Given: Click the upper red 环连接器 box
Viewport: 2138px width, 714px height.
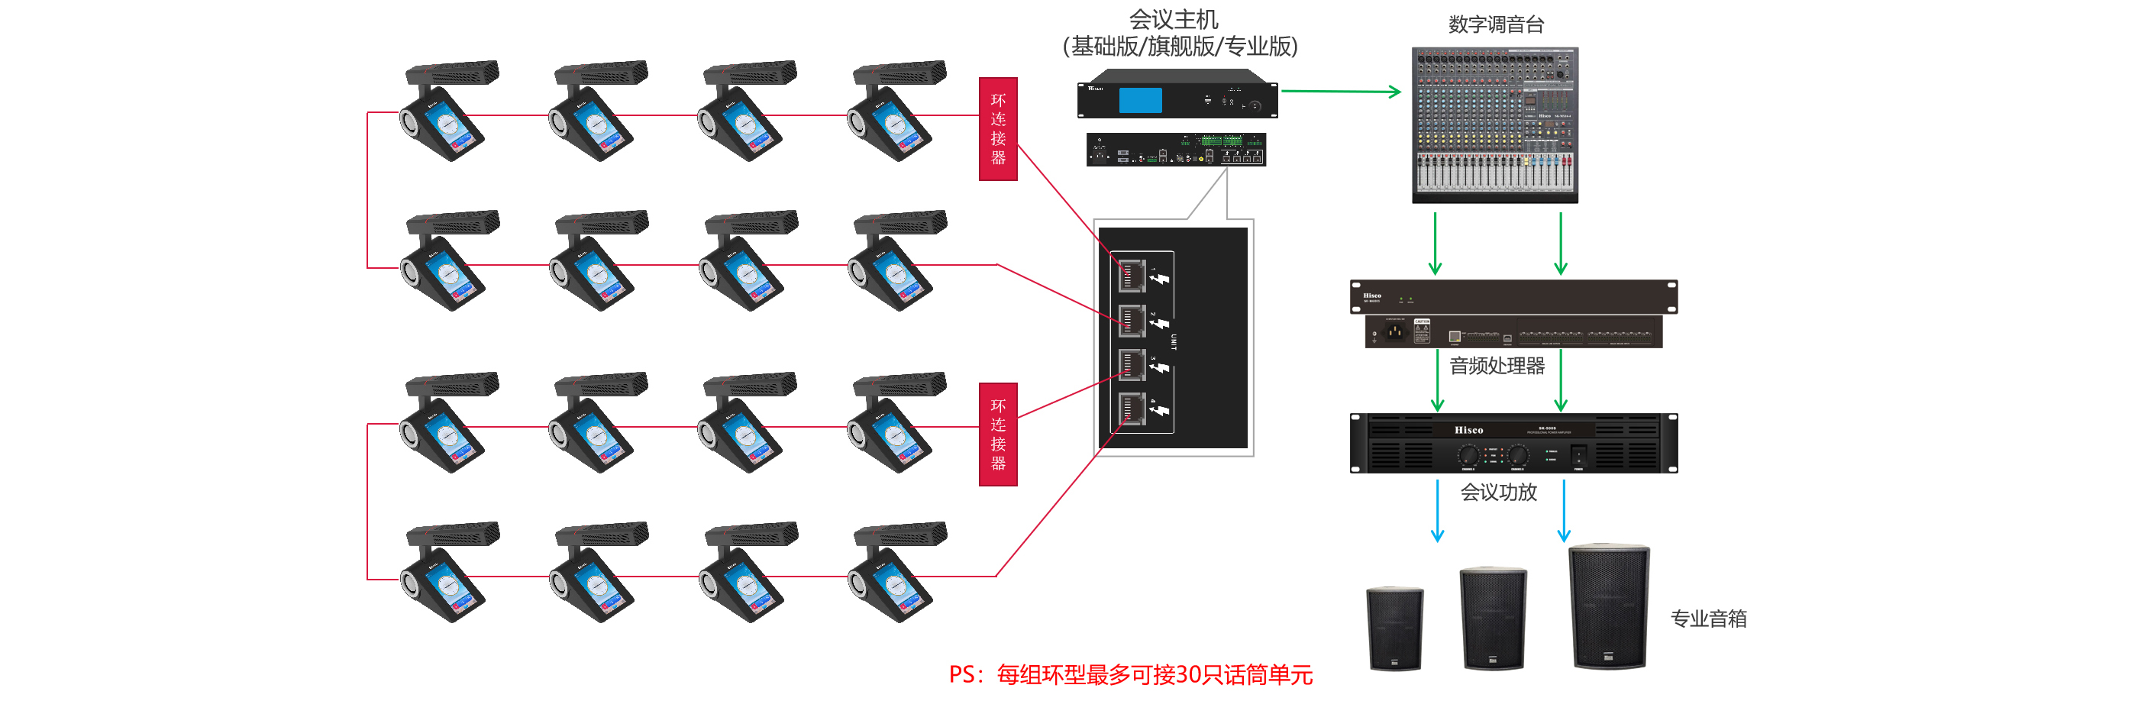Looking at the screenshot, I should [x=998, y=129].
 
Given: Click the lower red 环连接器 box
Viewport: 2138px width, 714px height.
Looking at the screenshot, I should [x=998, y=435].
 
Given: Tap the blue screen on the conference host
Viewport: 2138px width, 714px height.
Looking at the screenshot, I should [x=1140, y=99].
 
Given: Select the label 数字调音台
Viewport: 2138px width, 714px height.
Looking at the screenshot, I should [x=1496, y=25].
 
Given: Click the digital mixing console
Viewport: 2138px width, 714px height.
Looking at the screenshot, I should [x=1495, y=124].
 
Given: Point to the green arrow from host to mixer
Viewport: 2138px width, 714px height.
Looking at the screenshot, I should [x=1340, y=92].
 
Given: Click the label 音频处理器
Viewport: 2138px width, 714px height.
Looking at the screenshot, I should [x=1497, y=366].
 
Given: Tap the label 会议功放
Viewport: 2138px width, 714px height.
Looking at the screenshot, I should [x=1498, y=493].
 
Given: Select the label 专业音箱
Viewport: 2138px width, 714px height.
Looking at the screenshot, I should [x=1708, y=619].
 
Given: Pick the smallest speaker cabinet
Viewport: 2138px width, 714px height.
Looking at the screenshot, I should [x=1394, y=628].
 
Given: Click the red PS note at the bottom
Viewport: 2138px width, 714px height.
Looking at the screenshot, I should [x=1130, y=675].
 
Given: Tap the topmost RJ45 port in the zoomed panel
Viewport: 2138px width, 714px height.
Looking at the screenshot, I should [x=1132, y=276].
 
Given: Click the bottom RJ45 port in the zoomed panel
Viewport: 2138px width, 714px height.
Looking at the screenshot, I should [x=1132, y=409].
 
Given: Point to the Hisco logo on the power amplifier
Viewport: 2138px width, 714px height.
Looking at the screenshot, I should [x=1468, y=430].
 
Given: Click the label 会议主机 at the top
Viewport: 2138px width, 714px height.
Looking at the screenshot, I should [x=1174, y=19].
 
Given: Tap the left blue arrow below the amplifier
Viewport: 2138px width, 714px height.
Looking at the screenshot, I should [x=1438, y=511].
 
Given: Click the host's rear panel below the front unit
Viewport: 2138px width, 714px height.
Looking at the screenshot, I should [x=1176, y=150].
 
